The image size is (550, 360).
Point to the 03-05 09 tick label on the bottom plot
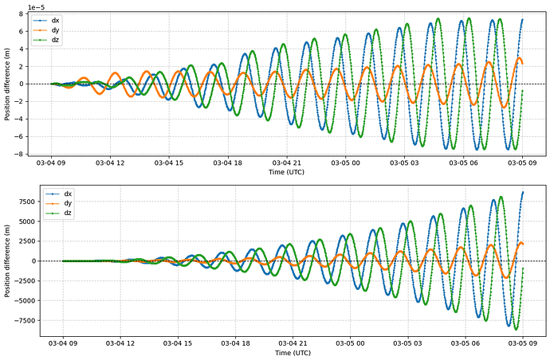click(522, 342)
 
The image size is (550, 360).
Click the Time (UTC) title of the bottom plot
click(293, 352)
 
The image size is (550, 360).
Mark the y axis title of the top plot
click(7, 84)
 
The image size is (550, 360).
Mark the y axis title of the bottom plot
click(7, 261)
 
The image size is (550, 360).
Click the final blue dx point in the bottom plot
click(522, 192)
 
